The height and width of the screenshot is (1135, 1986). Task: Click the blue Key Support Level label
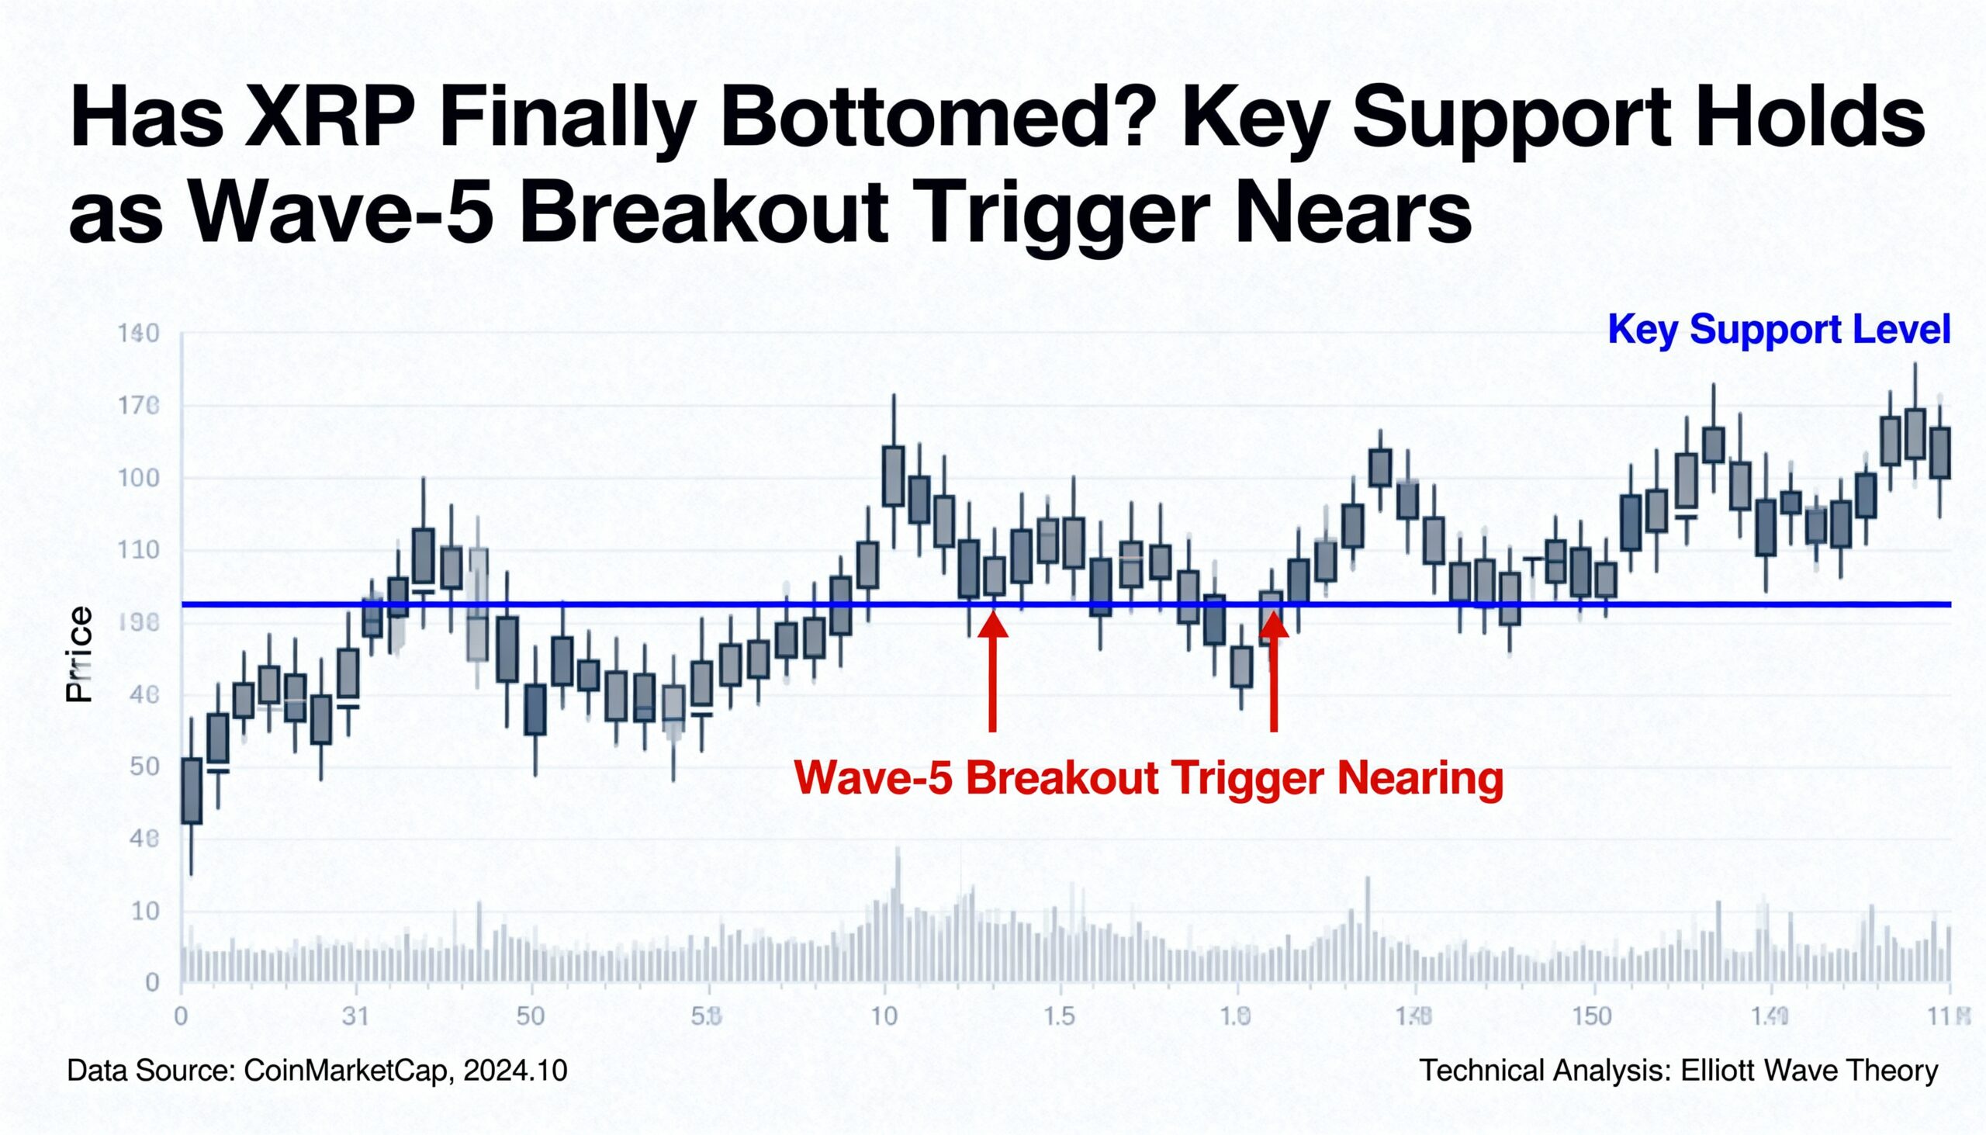coord(1779,329)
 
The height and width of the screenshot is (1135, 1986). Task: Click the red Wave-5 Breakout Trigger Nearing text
coord(1148,777)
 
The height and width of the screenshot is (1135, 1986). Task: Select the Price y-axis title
coord(79,655)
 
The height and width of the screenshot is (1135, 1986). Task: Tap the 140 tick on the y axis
coord(138,334)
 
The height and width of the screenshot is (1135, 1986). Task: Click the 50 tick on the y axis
coord(144,767)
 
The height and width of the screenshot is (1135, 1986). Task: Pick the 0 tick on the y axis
coord(153,983)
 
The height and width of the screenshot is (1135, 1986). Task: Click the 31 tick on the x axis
coord(355,1016)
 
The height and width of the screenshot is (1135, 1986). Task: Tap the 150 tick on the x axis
coord(1592,1016)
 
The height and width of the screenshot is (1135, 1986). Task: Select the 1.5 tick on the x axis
coord(1058,1016)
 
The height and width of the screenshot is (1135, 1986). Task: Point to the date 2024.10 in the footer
coord(515,1071)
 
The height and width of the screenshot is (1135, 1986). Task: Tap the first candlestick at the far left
coord(192,790)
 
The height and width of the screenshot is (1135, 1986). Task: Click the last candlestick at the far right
coord(1940,453)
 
